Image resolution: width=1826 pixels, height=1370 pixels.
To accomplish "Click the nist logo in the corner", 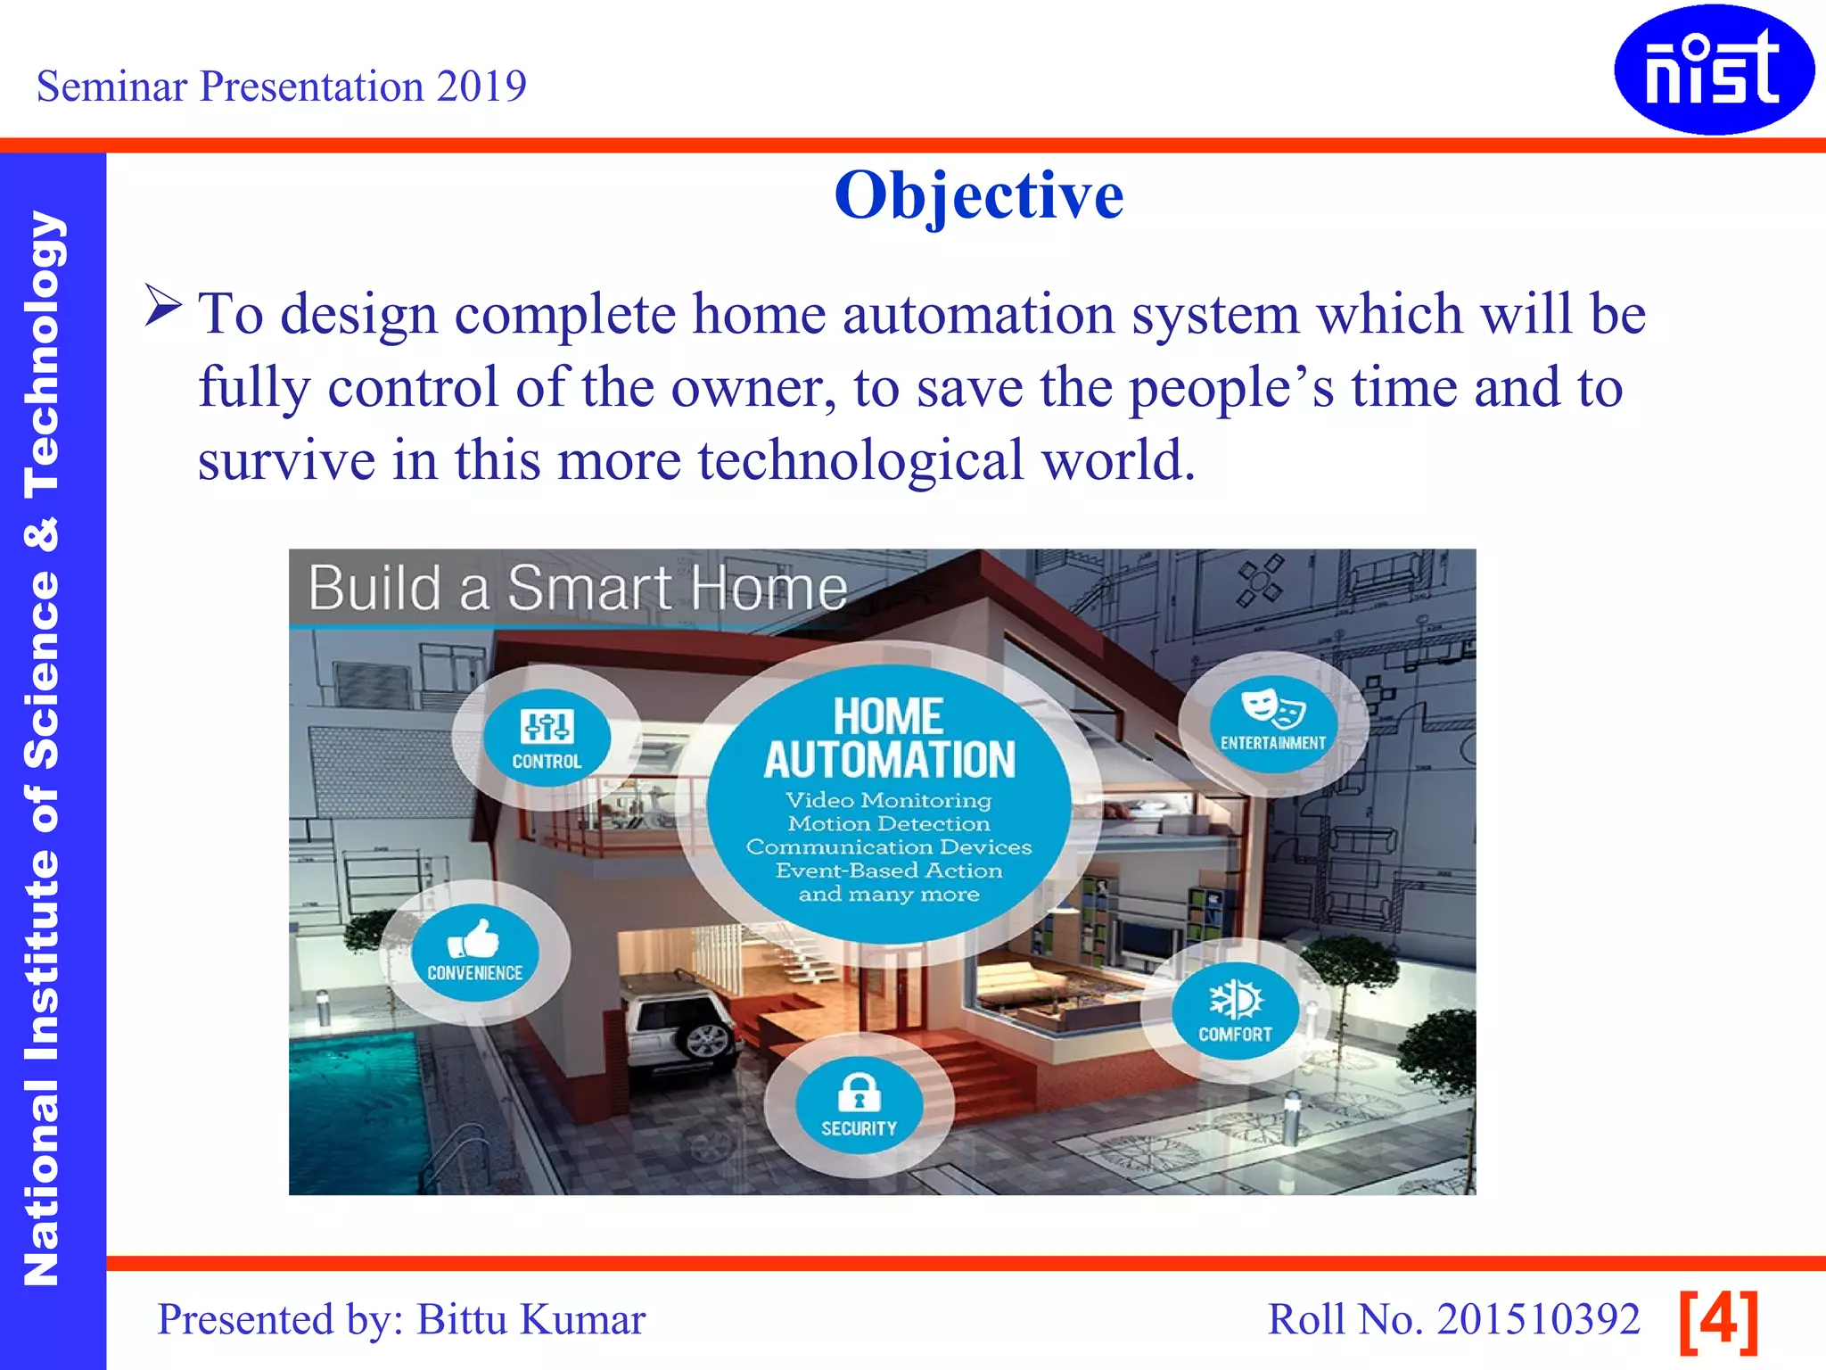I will pos(1714,70).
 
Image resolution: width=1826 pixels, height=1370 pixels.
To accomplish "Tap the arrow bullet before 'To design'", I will pos(163,306).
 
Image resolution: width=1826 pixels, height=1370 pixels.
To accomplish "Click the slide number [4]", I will pos(1718,1319).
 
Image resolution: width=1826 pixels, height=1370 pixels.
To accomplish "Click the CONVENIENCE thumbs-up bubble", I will pos(474,952).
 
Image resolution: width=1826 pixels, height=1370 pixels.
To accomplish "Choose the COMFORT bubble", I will pos(1235,1011).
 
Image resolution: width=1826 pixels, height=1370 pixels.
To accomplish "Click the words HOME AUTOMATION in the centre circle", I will pos(889,739).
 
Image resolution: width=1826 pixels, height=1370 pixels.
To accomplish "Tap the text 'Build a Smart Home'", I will pos(577,589).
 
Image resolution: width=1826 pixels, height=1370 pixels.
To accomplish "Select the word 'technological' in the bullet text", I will pos(860,460).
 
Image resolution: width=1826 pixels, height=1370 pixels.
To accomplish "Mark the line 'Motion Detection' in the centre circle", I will pos(888,824).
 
